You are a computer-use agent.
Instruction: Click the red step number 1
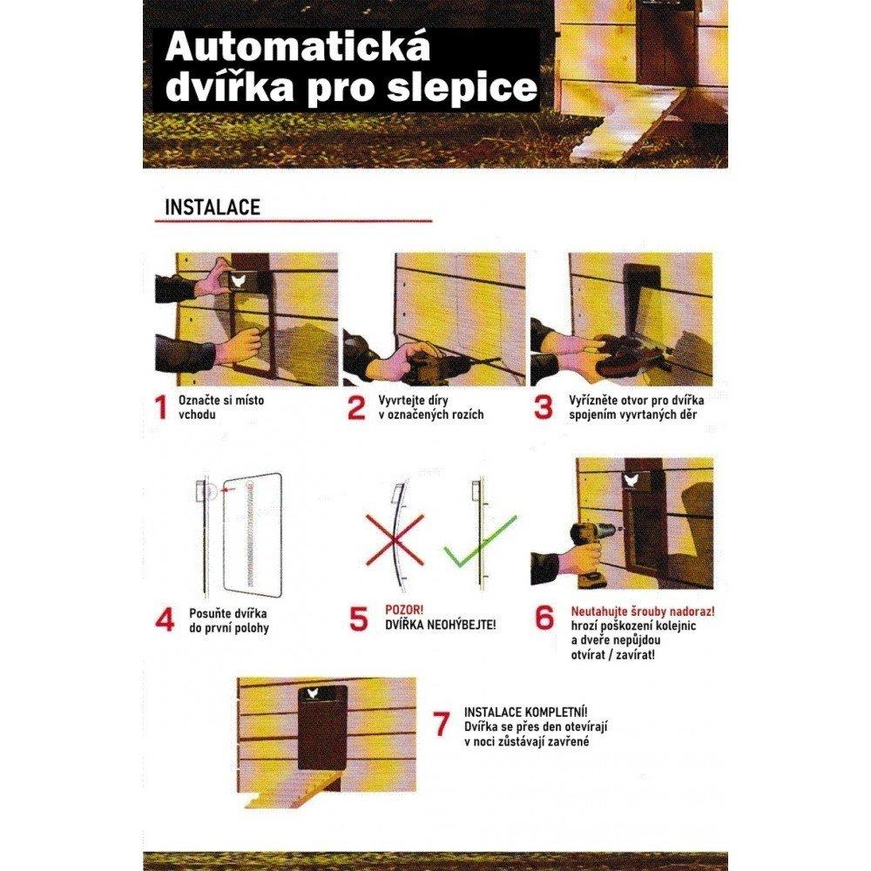pos(160,408)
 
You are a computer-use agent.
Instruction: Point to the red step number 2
pos(356,408)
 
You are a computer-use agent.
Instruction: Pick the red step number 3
pos(544,408)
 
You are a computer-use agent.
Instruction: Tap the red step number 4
pos(165,619)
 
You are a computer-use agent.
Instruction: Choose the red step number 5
pos(359,619)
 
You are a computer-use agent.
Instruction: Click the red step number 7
pos(442,724)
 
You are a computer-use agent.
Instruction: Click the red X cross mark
pos(394,540)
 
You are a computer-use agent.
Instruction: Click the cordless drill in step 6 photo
pos(587,544)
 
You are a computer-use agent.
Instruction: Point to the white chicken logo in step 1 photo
pos(239,280)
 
